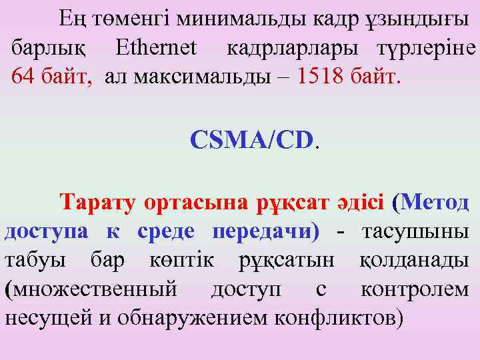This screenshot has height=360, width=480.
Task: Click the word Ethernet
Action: tap(156, 48)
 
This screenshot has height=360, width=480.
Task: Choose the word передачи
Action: tap(265, 231)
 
